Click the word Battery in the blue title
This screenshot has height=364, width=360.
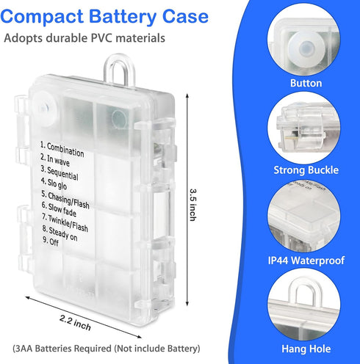coord(122,17)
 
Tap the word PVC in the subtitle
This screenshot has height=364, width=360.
coord(101,38)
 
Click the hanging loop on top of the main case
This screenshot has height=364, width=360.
coord(119,70)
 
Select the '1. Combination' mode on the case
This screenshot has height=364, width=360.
coord(62,149)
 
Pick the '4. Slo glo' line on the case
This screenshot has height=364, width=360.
coord(54,183)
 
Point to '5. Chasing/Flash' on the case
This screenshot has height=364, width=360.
coord(65,200)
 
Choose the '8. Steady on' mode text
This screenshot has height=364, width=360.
coord(60,233)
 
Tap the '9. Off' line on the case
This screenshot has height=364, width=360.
coord(51,241)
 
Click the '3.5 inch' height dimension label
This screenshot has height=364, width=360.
coord(193,205)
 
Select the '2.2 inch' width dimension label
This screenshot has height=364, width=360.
coord(75,323)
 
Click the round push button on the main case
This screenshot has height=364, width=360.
coord(45,107)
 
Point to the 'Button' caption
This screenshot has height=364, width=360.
coord(306,83)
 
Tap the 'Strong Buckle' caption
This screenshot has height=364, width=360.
coord(306,170)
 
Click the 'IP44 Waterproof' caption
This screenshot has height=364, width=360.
coord(306,261)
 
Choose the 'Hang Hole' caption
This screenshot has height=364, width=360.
coord(306,349)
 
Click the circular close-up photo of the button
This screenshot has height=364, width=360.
coord(303,40)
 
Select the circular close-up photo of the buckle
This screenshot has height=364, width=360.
coord(303,128)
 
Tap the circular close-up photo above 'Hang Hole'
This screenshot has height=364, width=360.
coord(303,305)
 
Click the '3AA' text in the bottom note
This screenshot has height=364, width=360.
coord(24,349)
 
